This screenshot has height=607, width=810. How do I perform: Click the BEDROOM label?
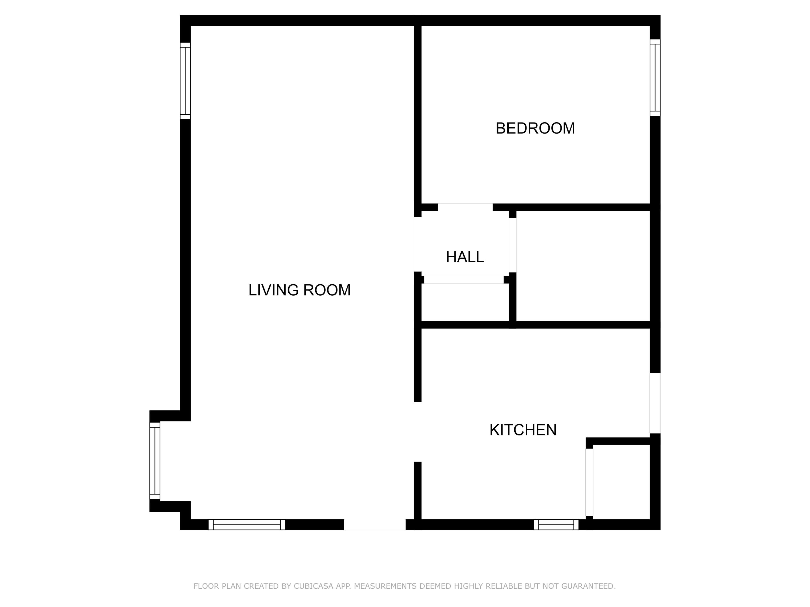coord(535,128)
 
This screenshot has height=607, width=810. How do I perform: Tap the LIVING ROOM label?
coord(299,290)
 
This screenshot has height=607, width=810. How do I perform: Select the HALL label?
coord(465,257)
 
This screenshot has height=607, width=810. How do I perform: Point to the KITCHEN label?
coord(522,430)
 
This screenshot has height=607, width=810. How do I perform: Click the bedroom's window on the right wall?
coord(655,78)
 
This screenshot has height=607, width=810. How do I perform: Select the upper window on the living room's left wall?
coord(185,81)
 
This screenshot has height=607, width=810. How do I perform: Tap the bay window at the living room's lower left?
coord(155,461)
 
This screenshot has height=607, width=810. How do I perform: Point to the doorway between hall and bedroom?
coord(465,207)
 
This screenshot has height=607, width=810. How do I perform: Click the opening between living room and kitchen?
coord(417,432)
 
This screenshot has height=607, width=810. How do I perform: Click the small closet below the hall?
coord(465,302)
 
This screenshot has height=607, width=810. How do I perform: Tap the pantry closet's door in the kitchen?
coord(589,482)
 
